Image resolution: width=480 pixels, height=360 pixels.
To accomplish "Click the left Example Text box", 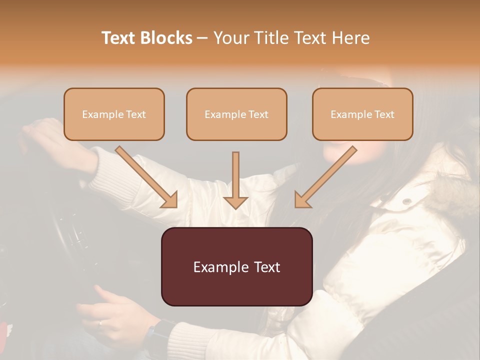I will pyautogui.click(x=114, y=114).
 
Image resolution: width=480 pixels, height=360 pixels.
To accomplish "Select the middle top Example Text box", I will pyautogui.click(x=236, y=114).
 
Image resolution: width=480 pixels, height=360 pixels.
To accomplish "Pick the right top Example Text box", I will pyautogui.click(x=362, y=114).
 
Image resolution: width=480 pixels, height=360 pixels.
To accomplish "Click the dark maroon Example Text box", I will pyautogui.click(x=236, y=266).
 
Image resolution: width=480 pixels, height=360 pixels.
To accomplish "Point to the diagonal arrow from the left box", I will pyautogui.click(x=147, y=177).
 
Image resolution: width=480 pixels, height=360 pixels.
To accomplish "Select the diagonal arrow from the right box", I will pyautogui.click(x=325, y=177).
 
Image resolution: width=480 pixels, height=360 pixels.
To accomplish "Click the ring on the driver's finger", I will pyautogui.click(x=100, y=323).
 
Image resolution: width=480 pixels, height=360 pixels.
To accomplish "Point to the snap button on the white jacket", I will pyautogui.click(x=407, y=201).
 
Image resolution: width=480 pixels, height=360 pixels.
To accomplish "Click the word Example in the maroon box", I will pyautogui.click(x=216, y=267).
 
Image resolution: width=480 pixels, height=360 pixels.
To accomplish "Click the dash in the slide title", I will pyautogui.click(x=203, y=38).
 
